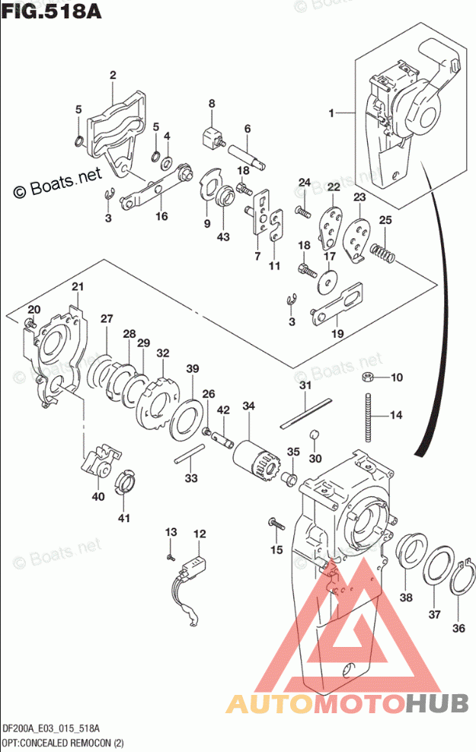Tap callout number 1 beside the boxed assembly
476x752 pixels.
332,113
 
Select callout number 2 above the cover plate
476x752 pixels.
113,75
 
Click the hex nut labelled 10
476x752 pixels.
366,378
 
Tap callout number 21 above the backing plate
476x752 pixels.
77,286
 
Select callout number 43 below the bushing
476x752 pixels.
224,237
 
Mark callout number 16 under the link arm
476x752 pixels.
161,216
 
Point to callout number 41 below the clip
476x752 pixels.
124,518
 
